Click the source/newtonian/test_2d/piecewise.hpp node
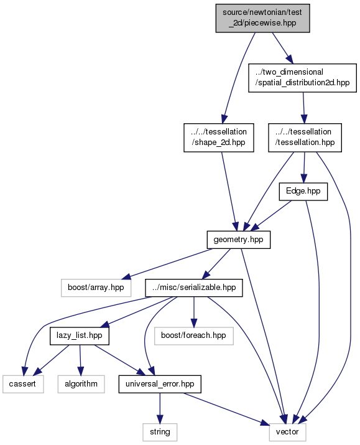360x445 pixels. click(262, 18)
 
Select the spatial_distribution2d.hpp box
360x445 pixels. click(302, 78)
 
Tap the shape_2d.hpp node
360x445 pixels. click(219, 138)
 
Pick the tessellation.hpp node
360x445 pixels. click(305, 138)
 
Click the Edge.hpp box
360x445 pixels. click(303, 192)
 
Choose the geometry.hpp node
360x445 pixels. click(238, 240)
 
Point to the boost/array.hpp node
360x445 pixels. click(96, 288)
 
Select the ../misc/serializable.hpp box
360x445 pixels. click(194, 288)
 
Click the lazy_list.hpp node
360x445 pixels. click(80, 336)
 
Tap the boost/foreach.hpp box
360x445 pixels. click(194, 336)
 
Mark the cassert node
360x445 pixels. click(23, 384)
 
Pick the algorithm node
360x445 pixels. click(81, 384)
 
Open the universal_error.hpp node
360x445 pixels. click(160, 384)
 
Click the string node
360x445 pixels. click(160, 432)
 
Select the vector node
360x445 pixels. click(287, 432)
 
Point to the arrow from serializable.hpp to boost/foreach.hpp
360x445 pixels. click(194, 312)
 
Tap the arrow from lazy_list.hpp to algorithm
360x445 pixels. click(80, 360)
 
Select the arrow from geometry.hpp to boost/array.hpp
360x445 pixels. click(168, 264)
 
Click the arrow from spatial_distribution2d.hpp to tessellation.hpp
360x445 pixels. click(303, 108)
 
